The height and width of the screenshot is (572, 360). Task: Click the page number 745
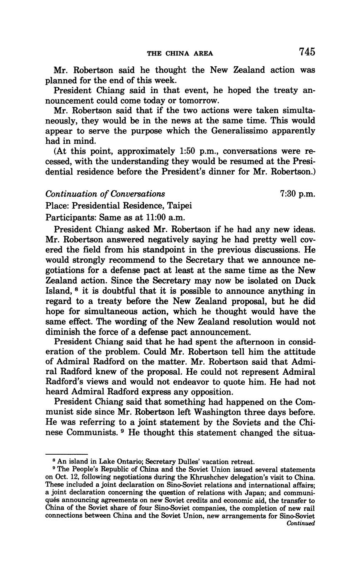pos(306,52)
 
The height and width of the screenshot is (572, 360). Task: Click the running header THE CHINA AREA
pos(180,53)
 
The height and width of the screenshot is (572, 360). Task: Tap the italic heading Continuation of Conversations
pos(105,194)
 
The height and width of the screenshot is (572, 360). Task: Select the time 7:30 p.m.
pos(297,194)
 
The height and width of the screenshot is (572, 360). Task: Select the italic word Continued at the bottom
pos(301,524)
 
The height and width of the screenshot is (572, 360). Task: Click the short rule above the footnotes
pos(66,454)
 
